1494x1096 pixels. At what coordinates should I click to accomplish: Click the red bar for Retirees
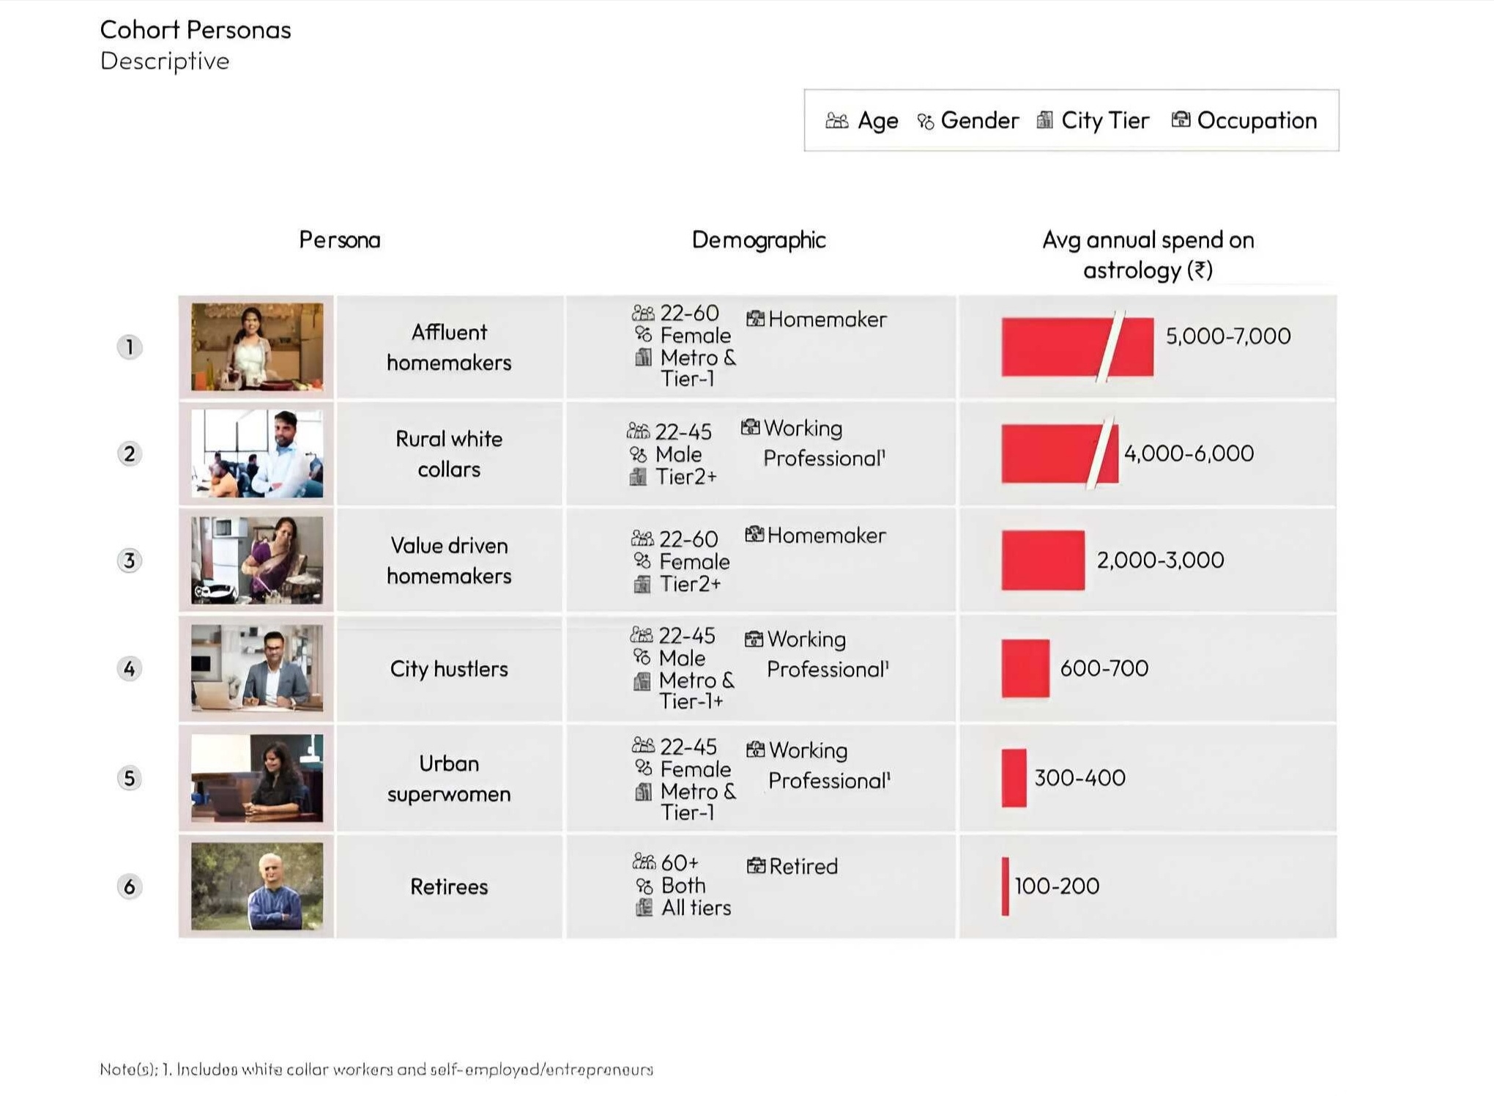(1005, 886)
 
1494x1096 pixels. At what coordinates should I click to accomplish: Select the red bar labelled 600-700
(1025, 668)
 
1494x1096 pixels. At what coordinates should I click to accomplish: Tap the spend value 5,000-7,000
(1227, 336)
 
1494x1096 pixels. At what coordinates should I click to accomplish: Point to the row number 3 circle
(130, 560)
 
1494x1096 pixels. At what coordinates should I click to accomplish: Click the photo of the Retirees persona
(256, 886)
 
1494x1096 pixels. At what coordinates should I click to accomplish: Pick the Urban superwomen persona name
(448, 778)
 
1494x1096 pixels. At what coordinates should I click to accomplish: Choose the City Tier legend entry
(1093, 120)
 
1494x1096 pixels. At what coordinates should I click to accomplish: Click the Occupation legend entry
(1244, 120)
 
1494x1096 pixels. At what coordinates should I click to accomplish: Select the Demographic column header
(758, 240)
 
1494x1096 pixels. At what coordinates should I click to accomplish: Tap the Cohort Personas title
(195, 30)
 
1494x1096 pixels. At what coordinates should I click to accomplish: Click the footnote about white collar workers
(376, 1069)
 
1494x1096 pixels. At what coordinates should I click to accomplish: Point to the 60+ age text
(679, 862)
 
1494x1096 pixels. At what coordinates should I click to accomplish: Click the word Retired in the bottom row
(803, 867)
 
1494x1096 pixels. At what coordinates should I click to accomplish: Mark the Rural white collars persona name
(448, 453)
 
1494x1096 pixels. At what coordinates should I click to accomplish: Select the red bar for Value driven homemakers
(1043, 560)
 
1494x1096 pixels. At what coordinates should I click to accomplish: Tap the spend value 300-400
(1079, 777)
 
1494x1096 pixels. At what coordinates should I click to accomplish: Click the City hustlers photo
(256, 668)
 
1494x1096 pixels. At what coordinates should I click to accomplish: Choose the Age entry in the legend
(862, 120)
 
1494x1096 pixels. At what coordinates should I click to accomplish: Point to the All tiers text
(695, 908)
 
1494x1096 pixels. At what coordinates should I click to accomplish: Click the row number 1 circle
(130, 347)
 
